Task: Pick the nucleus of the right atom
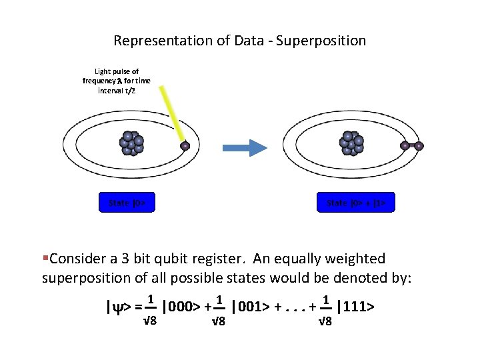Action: point(353,143)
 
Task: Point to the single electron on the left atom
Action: point(185,146)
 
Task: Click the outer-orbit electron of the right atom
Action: point(419,145)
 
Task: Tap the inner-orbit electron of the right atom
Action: point(405,145)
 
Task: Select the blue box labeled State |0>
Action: point(131,202)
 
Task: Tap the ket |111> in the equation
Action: point(355,307)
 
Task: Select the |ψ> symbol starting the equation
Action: point(119,307)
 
